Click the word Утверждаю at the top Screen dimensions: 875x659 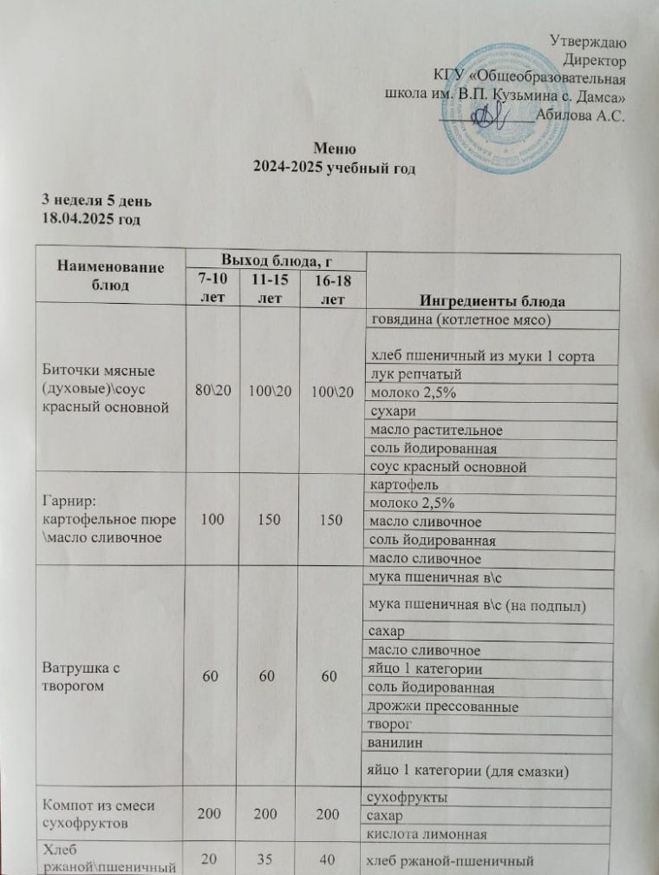(x=590, y=39)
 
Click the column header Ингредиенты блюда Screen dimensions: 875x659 (x=493, y=301)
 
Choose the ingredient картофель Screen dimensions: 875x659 (x=403, y=484)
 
